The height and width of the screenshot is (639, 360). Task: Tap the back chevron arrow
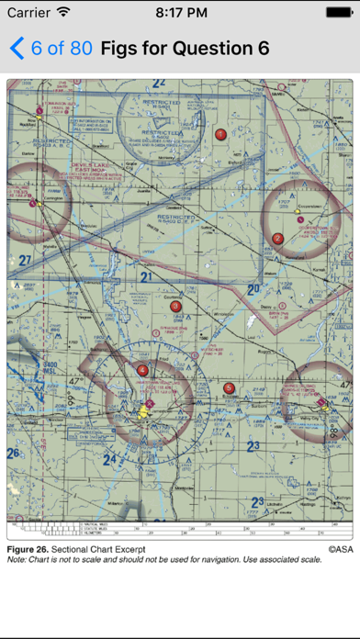tap(16, 48)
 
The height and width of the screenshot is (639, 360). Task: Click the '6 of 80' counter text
tap(62, 48)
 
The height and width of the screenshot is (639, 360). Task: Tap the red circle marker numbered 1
tap(220, 134)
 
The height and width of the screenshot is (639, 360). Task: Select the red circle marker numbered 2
tap(277, 239)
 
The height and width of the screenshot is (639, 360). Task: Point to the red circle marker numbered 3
tap(176, 307)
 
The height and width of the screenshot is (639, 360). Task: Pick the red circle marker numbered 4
tap(142, 370)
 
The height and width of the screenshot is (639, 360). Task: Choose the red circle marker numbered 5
tap(229, 388)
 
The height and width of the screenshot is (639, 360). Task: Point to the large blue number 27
tap(24, 261)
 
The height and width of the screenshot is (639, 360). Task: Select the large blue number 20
tap(253, 290)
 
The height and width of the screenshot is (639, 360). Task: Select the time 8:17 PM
tap(180, 13)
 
